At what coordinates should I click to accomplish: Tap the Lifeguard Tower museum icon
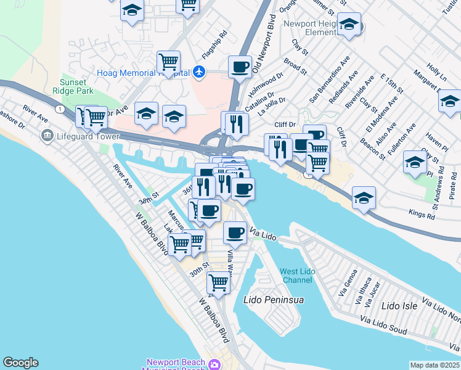46,135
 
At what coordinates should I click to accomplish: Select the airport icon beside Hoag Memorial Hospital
198,72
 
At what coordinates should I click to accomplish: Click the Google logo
20,363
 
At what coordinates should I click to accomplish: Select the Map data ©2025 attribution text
434,365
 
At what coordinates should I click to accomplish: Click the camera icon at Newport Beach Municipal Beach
215,364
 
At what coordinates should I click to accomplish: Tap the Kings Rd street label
422,213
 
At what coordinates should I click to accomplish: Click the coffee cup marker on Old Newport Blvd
240,66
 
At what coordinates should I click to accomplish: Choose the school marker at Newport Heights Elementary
349,24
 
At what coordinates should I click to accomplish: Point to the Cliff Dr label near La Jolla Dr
285,125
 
